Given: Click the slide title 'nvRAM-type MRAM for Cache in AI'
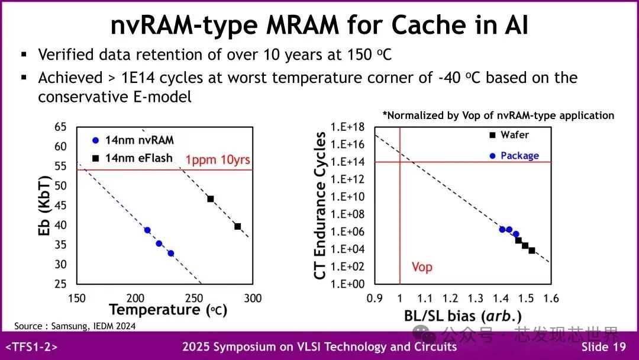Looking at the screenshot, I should click(x=319, y=25).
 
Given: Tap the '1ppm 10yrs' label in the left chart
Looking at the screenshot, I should click(x=218, y=160).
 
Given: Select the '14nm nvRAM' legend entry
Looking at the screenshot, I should click(x=140, y=140).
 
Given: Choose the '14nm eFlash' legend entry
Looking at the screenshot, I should click(x=139, y=157).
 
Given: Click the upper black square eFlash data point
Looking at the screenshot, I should click(x=211, y=199).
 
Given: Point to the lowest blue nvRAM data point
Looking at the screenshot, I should click(x=170, y=253).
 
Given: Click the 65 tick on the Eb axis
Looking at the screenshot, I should click(x=60, y=127).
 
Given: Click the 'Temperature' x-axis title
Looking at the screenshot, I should click(x=155, y=310).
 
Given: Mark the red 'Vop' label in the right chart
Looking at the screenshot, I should click(x=422, y=267).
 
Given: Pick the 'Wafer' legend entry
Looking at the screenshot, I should click(x=514, y=135).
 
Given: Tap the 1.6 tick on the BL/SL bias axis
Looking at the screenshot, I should click(x=551, y=298).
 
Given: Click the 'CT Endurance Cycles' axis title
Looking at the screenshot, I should click(x=321, y=206).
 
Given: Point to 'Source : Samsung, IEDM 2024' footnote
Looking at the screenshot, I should click(x=75, y=326).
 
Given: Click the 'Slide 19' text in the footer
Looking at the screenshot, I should click(x=603, y=347).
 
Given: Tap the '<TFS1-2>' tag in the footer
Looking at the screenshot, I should click(x=31, y=347).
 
